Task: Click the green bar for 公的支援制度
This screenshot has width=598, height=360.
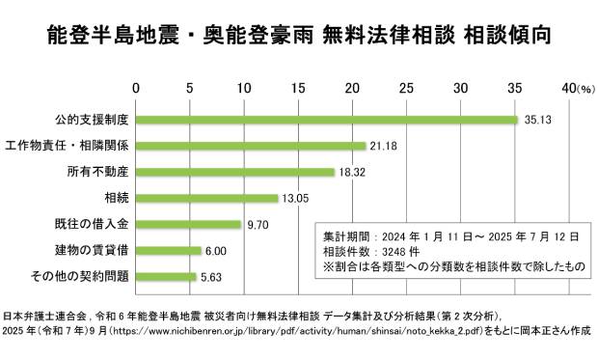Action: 328,120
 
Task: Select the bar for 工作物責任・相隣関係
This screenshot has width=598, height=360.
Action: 251,146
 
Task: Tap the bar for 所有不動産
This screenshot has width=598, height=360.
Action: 235,172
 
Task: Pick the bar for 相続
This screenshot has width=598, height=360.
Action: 207,198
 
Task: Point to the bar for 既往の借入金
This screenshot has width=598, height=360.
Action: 189,224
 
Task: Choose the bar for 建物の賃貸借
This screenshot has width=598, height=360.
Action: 169,250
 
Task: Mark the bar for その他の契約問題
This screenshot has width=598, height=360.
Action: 167,276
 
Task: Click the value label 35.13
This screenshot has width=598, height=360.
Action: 536,120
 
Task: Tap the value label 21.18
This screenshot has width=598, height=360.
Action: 385,146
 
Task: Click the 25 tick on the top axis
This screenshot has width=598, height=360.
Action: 406,88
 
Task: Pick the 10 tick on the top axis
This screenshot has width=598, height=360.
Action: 244,88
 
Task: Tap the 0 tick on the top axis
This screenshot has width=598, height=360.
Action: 137,88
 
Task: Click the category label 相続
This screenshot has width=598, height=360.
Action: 118,198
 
